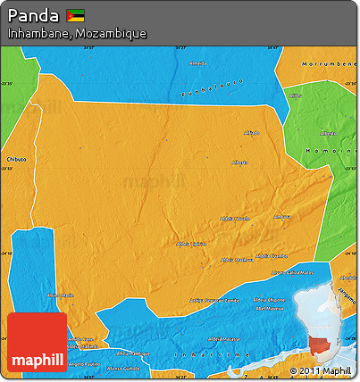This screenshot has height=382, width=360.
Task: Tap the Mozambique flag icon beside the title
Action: (x=75, y=16)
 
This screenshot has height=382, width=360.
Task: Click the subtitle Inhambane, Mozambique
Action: (x=77, y=33)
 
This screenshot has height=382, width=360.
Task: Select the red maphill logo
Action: (x=37, y=343)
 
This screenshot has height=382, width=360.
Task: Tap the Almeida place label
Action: (x=197, y=64)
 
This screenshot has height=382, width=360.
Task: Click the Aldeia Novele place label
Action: (x=236, y=219)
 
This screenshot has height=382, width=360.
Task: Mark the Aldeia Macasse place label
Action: (x=222, y=339)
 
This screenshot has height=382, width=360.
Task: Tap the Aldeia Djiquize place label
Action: (x=192, y=243)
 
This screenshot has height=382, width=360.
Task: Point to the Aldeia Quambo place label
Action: (x=271, y=255)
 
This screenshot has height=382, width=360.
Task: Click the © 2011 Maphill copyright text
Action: (x=322, y=370)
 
